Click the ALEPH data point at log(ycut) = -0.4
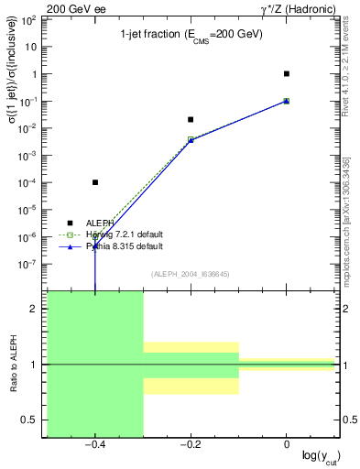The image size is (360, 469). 95,182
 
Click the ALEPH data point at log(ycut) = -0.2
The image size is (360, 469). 191,119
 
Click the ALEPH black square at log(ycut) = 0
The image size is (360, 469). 287,73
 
